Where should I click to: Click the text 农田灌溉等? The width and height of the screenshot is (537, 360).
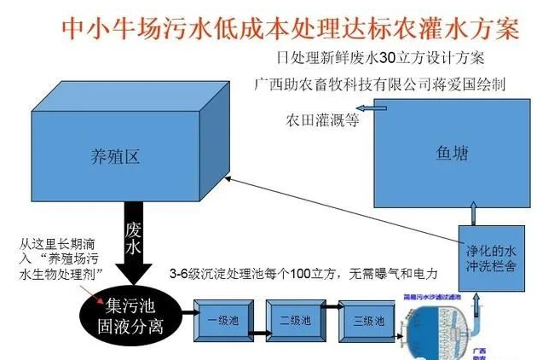click(x=323, y=120)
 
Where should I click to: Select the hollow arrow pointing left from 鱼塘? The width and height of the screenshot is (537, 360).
click(x=365, y=107)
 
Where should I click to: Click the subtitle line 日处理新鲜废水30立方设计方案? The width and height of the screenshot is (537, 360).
click(x=375, y=59)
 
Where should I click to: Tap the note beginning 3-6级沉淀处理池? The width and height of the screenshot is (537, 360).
click(x=303, y=275)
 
